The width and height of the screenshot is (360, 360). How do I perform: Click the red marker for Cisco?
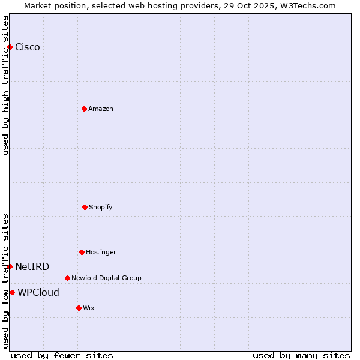[x=10, y=47]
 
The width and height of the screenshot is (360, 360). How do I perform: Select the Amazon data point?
[x=84, y=109]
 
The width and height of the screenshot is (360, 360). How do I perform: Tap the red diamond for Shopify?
[x=85, y=207]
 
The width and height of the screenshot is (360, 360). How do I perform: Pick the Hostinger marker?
[x=82, y=252]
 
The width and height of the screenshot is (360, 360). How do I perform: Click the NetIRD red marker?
[x=10, y=266]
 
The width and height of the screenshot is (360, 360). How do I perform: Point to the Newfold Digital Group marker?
[x=67, y=278]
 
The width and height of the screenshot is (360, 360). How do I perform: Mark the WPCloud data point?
[x=12, y=292]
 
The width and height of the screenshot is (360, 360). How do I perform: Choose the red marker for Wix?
[x=79, y=308]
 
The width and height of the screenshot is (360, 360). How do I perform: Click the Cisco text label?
[x=28, y=47]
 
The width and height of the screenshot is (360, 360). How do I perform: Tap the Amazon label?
[x=101, y=109]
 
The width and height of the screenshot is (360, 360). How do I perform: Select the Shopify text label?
[x=101, y=208]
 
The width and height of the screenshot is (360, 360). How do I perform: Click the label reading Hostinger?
[x=101, y=253]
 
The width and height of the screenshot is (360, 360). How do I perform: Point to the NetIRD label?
[x=32, y=267]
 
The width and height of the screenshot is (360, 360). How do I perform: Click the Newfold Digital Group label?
[x=106, y=278]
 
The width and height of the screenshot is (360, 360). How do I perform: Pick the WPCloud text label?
[x=38, y=293]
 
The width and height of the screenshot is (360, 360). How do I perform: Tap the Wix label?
[x=89, y=308]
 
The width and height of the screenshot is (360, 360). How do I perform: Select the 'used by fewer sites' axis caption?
[x=62, y=355]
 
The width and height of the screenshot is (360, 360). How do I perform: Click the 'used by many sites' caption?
[x=301, y=355]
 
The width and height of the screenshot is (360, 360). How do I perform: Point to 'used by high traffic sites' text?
[x=5, y=85]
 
